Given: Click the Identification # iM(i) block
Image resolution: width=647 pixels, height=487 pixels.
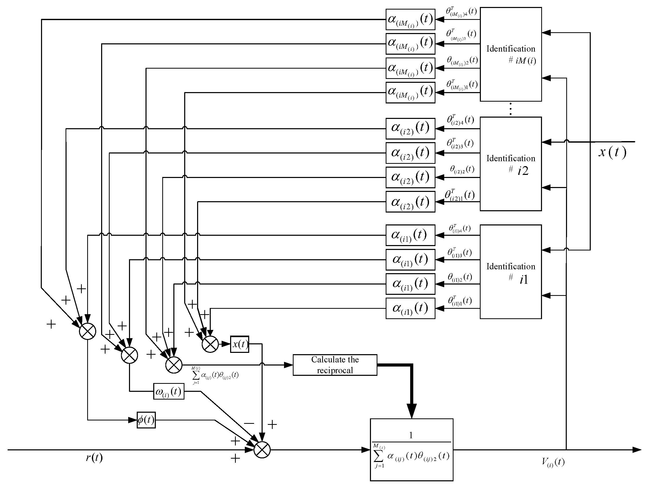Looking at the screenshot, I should [x=511, y=54].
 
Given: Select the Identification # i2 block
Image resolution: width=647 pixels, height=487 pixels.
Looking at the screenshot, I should [x=511, y=164].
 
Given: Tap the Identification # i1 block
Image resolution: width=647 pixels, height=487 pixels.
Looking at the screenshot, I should [x=511, y=271].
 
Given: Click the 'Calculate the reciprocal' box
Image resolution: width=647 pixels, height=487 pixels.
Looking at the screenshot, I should [x=335, y=365].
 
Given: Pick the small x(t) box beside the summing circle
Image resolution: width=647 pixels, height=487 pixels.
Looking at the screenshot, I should [x=240, y=344].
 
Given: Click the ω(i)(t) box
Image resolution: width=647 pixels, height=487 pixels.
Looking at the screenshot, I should [x=169, y=391].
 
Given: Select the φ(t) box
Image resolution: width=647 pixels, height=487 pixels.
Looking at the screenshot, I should [x=146, y=420].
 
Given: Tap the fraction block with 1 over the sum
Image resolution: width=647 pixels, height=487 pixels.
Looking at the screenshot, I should [x=411, y=450].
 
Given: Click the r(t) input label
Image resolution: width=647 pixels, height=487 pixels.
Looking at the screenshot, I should [x=94, y=457].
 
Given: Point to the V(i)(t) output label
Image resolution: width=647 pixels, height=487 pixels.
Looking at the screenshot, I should [x=553, y=462].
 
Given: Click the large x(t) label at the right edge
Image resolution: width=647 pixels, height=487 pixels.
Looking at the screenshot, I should [x=612, y=152].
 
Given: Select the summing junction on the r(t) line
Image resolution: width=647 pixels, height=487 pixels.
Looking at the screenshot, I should [x=262, y=450].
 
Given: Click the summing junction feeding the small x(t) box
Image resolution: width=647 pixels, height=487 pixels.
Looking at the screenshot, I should [x=210, y=344].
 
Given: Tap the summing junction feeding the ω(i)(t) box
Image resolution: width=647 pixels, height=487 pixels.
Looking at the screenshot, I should [x=129, y=355].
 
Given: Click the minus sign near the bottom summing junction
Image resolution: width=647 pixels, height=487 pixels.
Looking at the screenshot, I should [x=249, y=423].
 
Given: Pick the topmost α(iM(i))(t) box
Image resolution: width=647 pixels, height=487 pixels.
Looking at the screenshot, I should [x=410, y=19].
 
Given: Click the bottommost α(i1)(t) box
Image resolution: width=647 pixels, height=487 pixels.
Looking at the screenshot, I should [x=410, y=308].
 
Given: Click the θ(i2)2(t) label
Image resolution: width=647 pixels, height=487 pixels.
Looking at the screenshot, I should [x=462, y=170].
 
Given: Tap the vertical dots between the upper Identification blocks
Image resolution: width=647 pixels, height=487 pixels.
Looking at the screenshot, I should [x=511, y=109].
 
